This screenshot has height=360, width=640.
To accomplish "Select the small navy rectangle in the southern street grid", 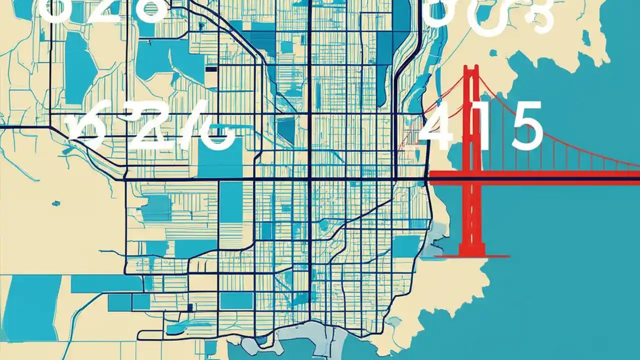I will coord(189,307).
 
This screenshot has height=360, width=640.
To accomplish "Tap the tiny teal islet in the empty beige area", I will coord(55,203).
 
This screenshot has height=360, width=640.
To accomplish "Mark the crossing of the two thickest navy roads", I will coord(310,178).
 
